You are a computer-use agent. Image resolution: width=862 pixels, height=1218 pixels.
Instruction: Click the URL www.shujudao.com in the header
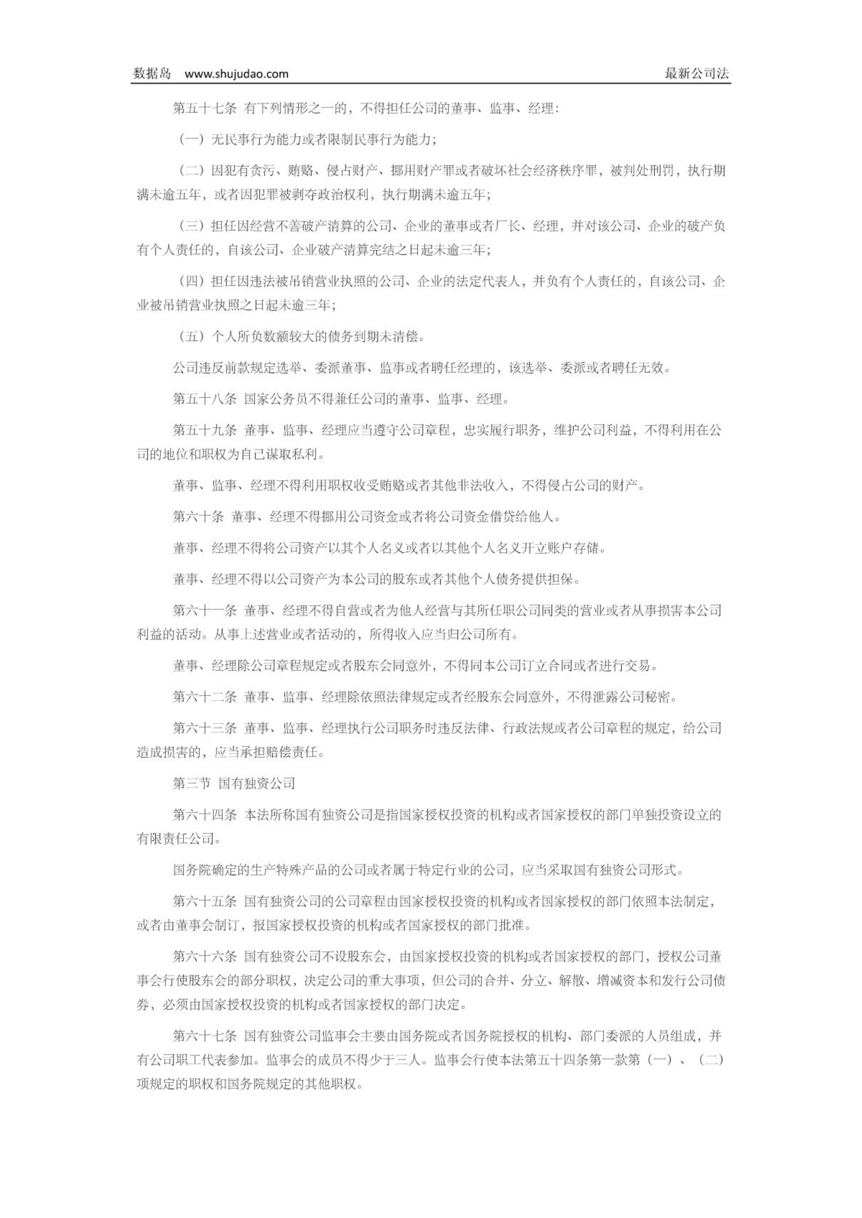(236, 74)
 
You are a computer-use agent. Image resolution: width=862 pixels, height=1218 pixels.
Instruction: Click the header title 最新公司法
(697, 74)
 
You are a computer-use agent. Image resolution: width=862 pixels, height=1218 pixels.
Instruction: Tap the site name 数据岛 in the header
(152, 74)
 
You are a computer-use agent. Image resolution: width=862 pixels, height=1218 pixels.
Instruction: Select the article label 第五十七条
(204, 109)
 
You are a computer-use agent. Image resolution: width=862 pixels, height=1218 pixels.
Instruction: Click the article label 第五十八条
(204, 399)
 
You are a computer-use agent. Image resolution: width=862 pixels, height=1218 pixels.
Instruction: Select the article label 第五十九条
(204, 431)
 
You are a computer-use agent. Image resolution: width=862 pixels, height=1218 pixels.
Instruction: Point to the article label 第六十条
(198, 517)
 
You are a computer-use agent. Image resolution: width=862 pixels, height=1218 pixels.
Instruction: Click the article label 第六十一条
(204, 611)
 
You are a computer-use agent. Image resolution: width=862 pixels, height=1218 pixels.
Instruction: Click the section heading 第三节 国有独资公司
(234, 783)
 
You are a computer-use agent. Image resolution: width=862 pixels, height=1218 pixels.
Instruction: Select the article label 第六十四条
(204, 815)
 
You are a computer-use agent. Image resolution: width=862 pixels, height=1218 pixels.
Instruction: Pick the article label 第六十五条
(204, 901)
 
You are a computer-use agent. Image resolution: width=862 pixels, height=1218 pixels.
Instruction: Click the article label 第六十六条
(204, 957)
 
